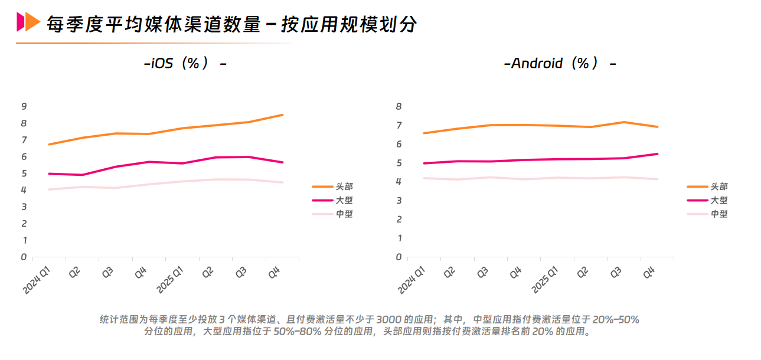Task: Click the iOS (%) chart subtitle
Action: click(185, 63)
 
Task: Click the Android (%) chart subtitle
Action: click(560, 63)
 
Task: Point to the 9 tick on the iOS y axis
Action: click(24, 106)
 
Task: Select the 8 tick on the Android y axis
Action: click(399, 106)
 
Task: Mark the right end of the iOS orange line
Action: click(283, 114)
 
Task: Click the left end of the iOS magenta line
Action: click(48, 174)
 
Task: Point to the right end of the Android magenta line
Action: click(658, 153)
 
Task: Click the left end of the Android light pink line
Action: click(424, 178)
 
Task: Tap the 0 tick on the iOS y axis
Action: click(24, 257)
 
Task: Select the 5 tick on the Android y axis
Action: click(399, 163)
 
